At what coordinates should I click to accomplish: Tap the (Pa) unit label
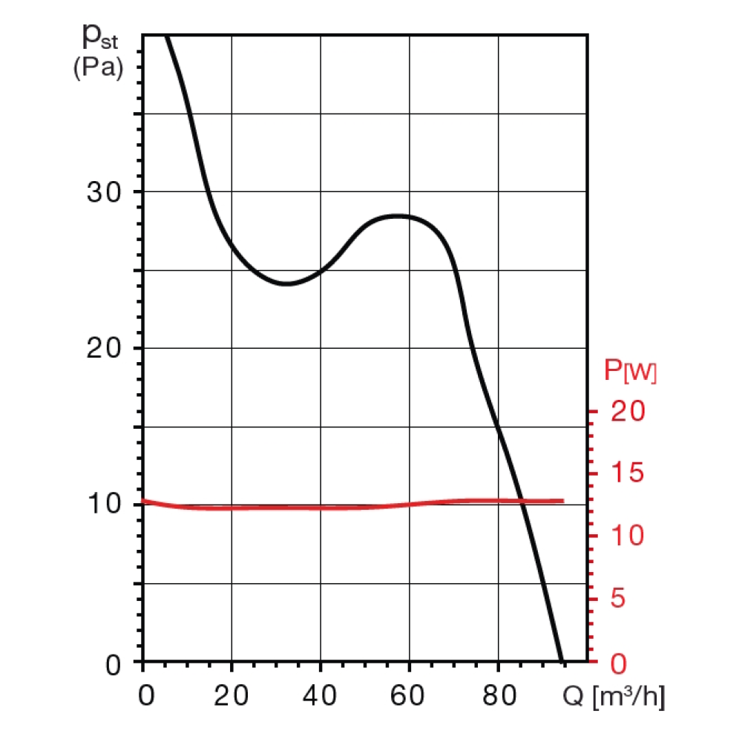click(98, 69)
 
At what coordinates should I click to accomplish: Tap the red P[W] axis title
click(630, 371)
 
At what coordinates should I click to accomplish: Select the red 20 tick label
click(629, 412)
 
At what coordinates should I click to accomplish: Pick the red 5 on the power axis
click(619, 599)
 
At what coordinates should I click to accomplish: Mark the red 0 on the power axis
click(619, 662)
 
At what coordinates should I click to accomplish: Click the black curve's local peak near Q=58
click(398, 216)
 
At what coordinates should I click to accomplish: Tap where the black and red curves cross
click(522, 501)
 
